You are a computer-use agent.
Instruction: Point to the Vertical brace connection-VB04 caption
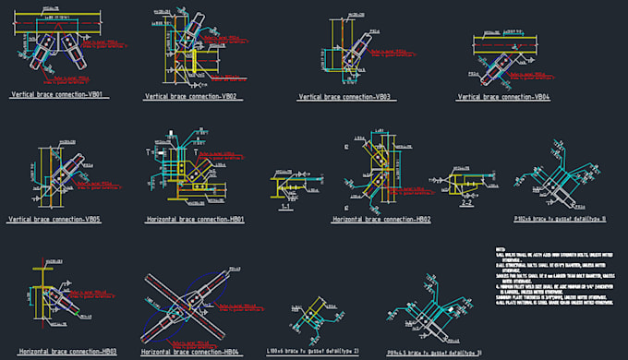(x=504, y=97)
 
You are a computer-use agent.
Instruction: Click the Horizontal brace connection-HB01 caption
(x=195, y=221)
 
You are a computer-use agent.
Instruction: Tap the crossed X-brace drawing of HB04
(x=186, y=305)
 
